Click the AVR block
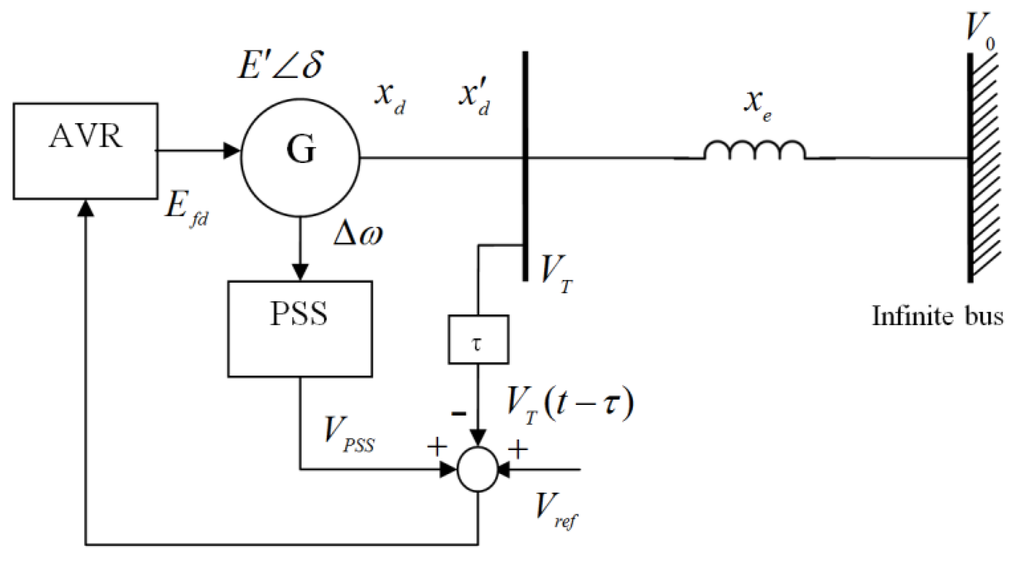(x=85, y=151)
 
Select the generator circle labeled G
(x=300, y=157)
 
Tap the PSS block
(x=300, y=329)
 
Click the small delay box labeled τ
(x=478, y=340)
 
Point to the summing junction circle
(x=478, y=469)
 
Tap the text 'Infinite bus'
(x=937, y=316)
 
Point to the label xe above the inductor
(x=757, y=105)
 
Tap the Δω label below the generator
(x=358, y=234)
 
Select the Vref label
(x=555, y=510)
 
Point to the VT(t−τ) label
(x=569, y=405)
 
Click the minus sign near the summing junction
(x=459, y=414)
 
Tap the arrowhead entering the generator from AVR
(x=232, y=150)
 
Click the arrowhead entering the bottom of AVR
(x=86, y=208)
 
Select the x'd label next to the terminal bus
(x=474, y=97)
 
